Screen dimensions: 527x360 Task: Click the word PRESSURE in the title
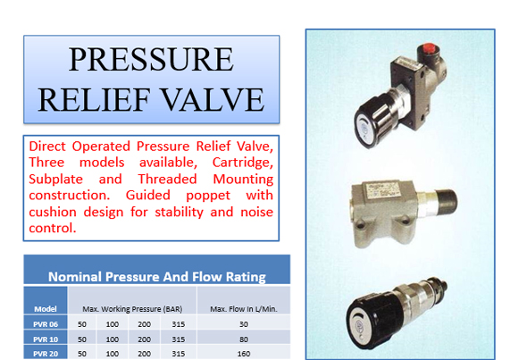pyautogui.click(x=151, y=60)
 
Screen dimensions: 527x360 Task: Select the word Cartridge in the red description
pyautogui.click(x=243, y=163)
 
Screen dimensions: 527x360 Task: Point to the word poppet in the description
pyautogui.click(x=208, y=196)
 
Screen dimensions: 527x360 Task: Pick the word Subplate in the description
pyautogui.click(x=55, y=180)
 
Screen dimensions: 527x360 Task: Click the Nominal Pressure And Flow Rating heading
pyautogui.click(x=157, y=277)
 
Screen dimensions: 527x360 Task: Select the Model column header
pyautogui.click(x=46, y=309)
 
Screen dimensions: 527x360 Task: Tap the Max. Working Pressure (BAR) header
pyautogui.click(x=132, y=309)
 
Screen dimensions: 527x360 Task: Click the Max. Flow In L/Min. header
pyautogui.click(x=244, y=309)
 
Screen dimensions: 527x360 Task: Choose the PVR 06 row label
pyautogui.click(x=46, y=324)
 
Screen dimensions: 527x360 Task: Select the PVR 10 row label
pyautogui.click(x=46, y=339)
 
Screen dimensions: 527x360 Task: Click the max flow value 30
pyautogui.click(x=244, y=324)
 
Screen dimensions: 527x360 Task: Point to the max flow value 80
pyautogui.click(x=244, y=339)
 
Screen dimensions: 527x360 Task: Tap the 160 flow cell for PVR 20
pyautogui.click(x=244, y=354)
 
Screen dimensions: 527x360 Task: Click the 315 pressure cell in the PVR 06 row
pyautogui.click(x=179, y=324)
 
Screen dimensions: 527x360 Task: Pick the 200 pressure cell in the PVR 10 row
pyautogui.click(x=144, y=339)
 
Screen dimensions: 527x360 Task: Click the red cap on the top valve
pyautogui.click(x=428, y=48)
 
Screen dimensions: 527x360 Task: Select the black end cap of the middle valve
pyautogui.click(x=446, y=202)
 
